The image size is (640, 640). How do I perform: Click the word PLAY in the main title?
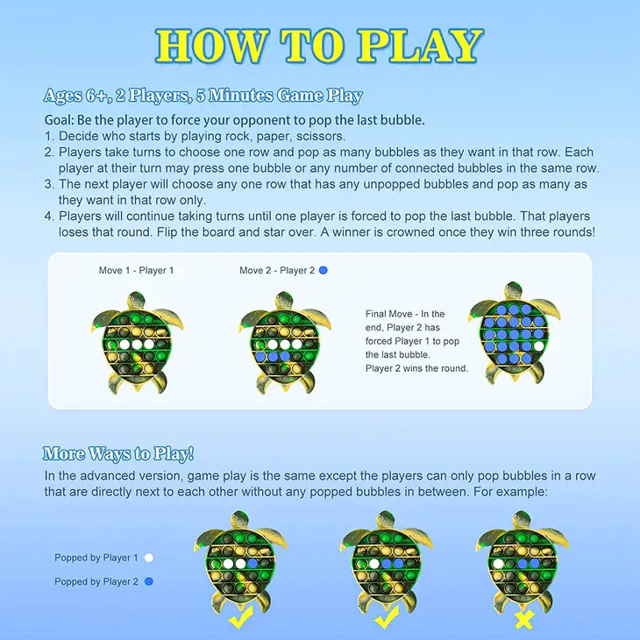pos(420,46)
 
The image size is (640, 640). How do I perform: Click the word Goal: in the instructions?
pos(60,120)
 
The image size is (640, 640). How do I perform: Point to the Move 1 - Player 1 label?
pos(136,270)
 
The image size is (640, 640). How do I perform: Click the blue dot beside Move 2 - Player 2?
pos(324,270)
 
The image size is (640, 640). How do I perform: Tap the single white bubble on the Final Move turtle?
pos(539,346)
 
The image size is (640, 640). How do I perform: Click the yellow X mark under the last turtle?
pos(524,620)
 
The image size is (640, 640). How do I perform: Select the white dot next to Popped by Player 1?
pos(149,558)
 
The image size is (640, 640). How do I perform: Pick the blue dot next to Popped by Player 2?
pos(149,581)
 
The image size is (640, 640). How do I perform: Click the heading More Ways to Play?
pos(118,454)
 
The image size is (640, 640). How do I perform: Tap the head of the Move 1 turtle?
pos(136,300)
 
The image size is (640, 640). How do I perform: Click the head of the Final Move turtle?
pos(514,290)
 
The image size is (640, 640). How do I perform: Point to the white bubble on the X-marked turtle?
pos(498,564)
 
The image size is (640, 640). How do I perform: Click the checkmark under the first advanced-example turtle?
pos(241,617)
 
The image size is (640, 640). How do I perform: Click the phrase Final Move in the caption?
pos(388,314)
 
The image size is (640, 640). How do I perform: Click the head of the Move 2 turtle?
pos(284,300)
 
